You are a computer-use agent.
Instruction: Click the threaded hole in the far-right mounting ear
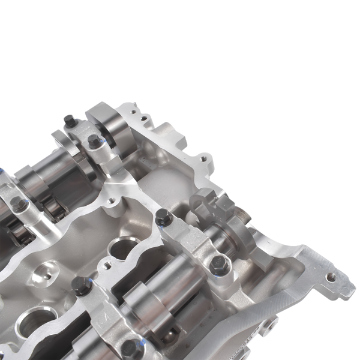tap(328, 277)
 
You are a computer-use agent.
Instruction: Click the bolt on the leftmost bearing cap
tap(20, 206)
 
